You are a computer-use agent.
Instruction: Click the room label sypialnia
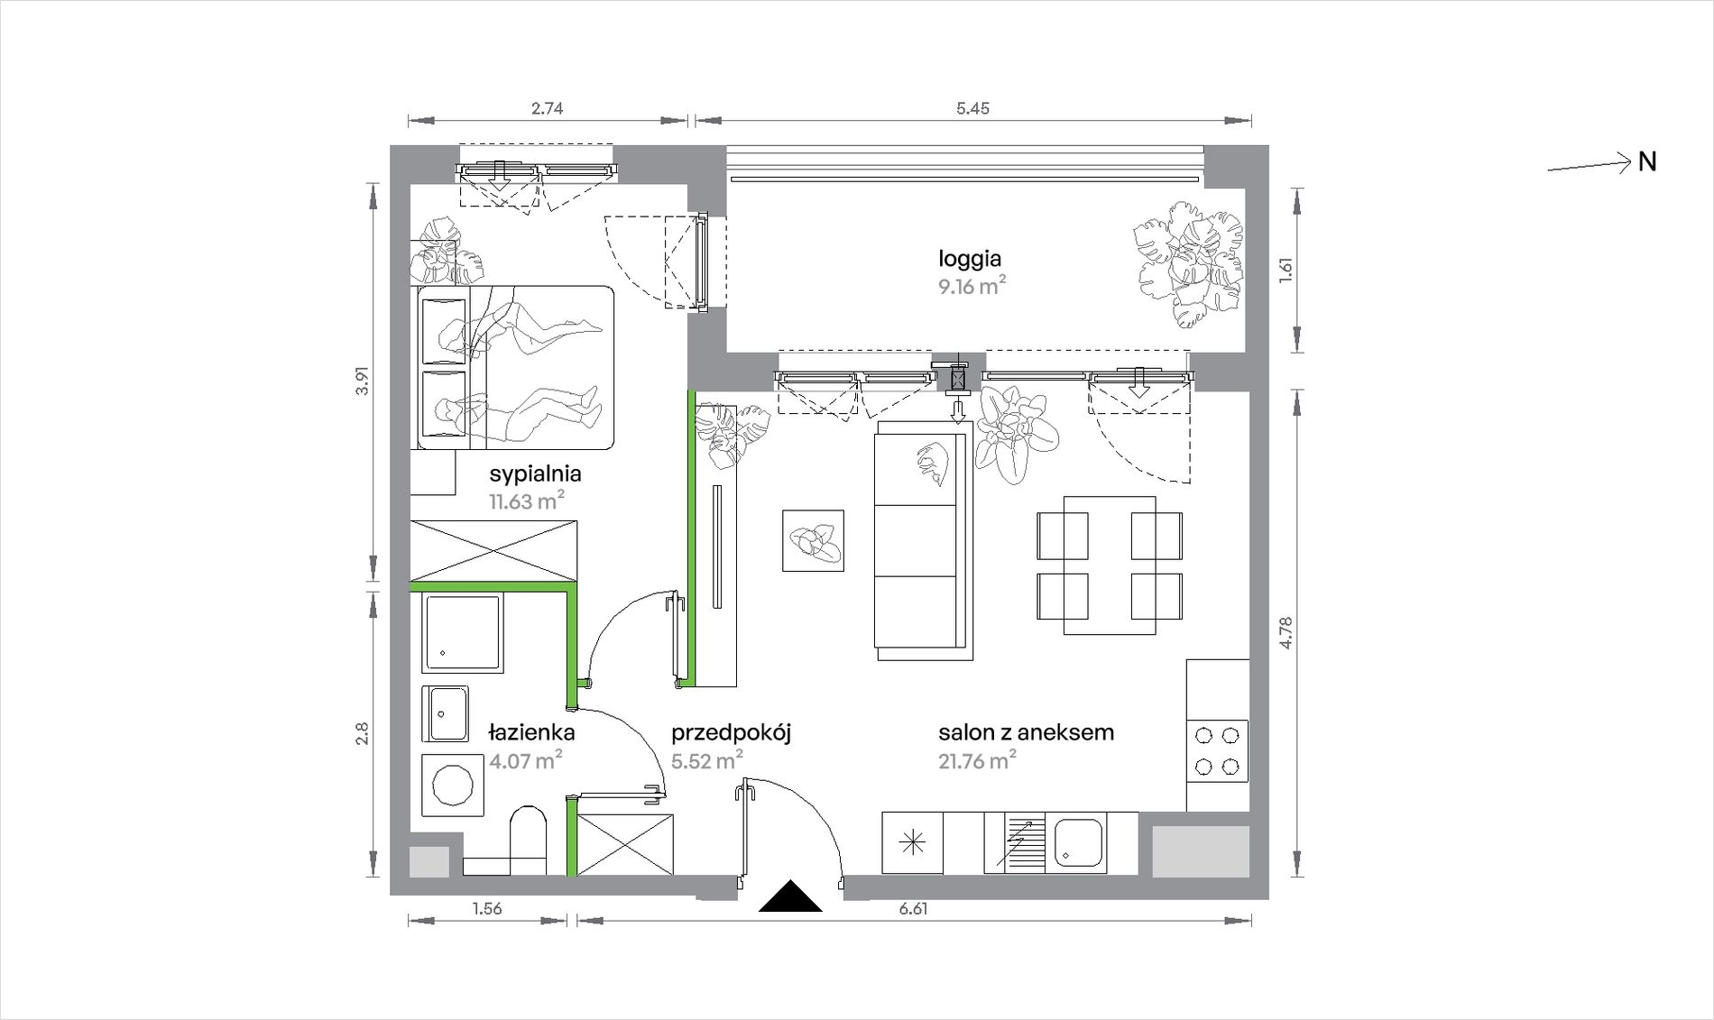535,474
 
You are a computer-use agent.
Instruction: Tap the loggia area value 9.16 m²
972,287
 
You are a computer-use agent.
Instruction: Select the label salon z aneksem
1026,732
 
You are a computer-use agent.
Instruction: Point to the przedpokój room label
731,733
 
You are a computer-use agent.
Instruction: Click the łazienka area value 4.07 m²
526,760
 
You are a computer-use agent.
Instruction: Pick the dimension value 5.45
972,108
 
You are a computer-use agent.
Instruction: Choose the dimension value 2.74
547,108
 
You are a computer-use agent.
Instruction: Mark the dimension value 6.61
913,908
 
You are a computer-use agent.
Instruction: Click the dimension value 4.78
1285,632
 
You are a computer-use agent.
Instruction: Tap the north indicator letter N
1647,162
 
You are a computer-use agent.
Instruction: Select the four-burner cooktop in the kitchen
1217,751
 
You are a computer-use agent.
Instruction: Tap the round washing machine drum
453,786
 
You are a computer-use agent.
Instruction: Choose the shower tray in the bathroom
462,633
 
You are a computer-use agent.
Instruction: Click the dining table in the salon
1110,565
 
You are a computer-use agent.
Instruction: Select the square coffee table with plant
813,540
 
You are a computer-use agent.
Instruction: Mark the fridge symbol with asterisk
913,843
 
